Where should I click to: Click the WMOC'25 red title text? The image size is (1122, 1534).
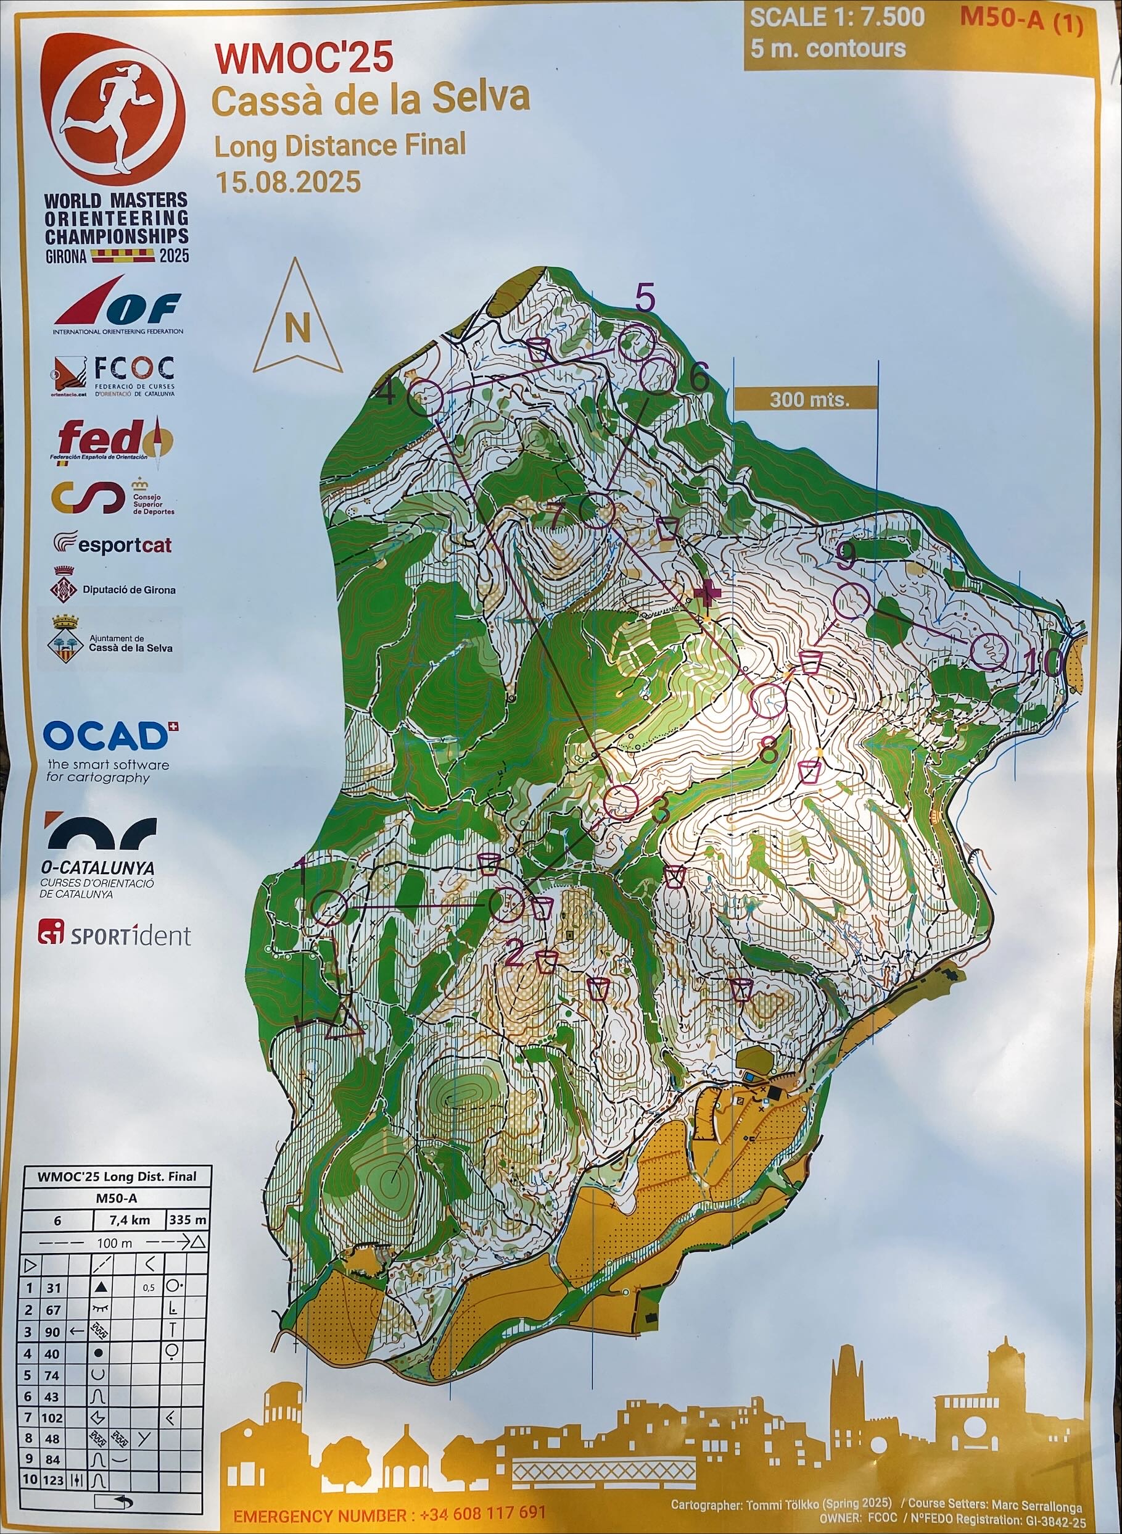pyautogui.click(x=303, y=59)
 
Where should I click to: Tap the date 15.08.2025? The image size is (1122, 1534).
pyautogui.click(x=287, y=182)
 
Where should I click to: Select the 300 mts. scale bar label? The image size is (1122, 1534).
pyautogui.click(x=809, y=399)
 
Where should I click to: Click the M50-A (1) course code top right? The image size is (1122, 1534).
pyautogui.click(x=1020, y=19)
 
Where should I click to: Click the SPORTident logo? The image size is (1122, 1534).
pyautogui.click(x=115, y=936)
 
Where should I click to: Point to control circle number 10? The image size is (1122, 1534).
pyautogui.click(x=989, y=651)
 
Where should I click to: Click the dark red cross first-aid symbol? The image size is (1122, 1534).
pyautogui.click(x=707, y=594)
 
